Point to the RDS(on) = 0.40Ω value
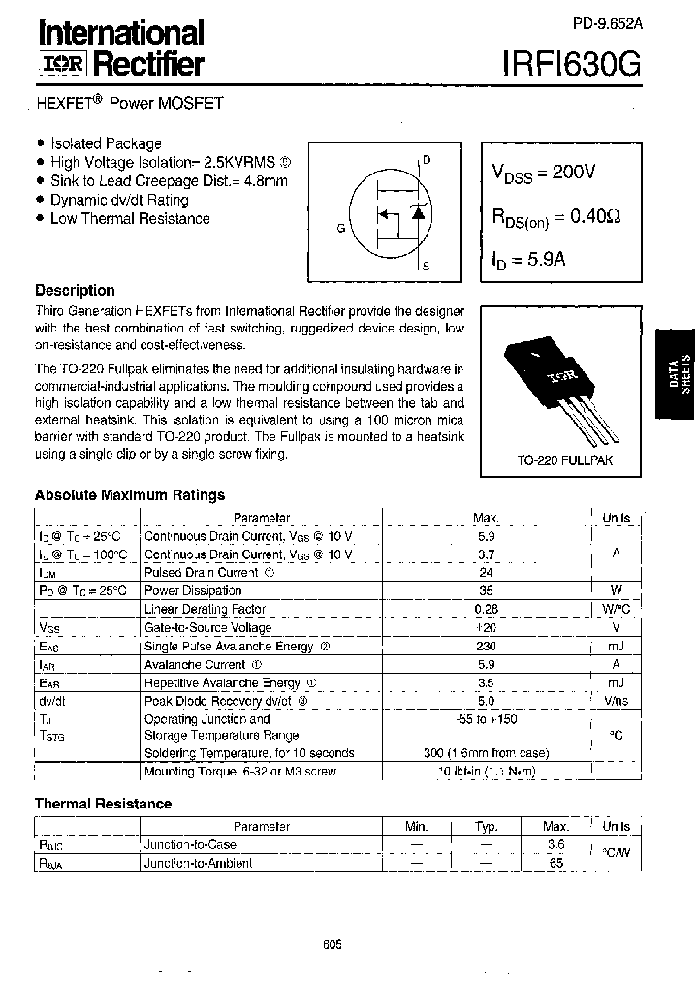click(555, 218)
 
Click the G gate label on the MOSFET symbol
click(340, 229)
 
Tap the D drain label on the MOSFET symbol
click(427, 159)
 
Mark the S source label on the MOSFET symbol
click(427, 265)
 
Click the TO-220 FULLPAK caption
click(566, 460)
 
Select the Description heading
click(75, 290)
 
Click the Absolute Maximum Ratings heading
click(130, 495)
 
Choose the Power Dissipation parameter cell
click(193, 590)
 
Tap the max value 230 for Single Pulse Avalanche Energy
click(486, 647)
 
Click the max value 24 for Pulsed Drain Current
click(486, 573)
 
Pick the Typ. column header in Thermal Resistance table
click(486, 827)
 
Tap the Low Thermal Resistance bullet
click(130, 219)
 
